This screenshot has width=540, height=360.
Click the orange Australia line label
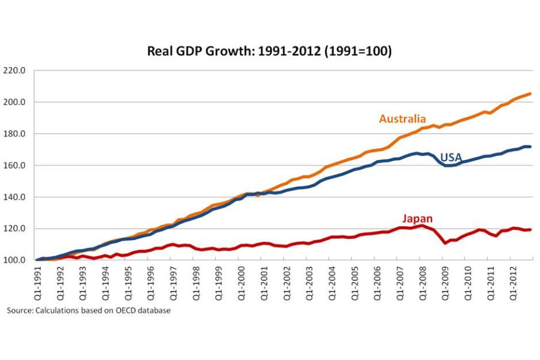[402, 119]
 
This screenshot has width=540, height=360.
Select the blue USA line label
[451, 157]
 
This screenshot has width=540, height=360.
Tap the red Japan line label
[418, 219]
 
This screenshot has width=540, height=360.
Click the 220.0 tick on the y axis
[14, 71]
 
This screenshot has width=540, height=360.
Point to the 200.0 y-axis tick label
[14, 102]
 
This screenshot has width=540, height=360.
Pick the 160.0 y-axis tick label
[14, 165]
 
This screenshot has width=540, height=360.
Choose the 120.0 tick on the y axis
[14, 229]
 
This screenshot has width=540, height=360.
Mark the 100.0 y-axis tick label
[14, 260]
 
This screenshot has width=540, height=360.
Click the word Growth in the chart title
[228, 51]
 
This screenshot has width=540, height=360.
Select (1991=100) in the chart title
[358, 51]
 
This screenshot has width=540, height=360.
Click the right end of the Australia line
[530, 94]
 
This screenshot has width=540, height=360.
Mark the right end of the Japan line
[530, 230]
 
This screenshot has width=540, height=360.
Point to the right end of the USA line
[530, 146]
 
